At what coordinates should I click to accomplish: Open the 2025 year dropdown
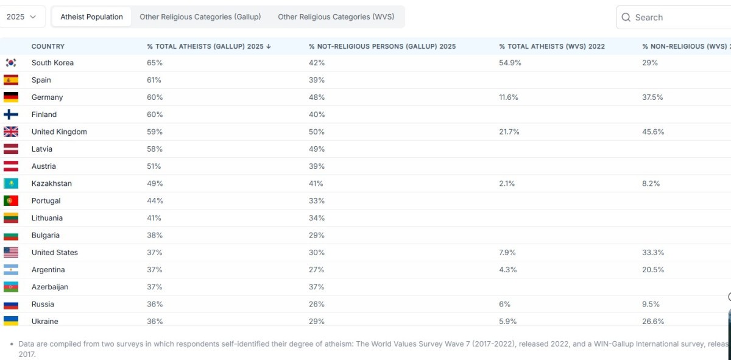point(21,16)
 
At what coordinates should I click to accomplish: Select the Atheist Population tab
point(91,16)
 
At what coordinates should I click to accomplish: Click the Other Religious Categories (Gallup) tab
point(200,16)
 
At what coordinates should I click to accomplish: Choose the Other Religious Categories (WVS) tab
point(336,16)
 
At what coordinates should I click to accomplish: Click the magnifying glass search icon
point(626,17)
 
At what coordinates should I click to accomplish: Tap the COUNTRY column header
point(48,46)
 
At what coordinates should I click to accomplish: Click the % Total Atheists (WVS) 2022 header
point(551,46)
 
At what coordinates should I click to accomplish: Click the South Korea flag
point(11,63)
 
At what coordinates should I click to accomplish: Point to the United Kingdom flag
point(11,132)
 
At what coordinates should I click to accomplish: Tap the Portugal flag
point(11,201)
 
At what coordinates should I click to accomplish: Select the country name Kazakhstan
point(52,183)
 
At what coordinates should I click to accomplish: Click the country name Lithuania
point(47,218)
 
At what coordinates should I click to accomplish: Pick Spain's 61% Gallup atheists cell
point(154,80)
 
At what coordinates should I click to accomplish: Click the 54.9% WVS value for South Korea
point(510,63)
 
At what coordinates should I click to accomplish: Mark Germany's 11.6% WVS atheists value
point(509,97)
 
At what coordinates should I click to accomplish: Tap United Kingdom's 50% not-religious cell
point(317,132)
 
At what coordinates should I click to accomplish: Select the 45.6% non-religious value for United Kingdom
point(653,132)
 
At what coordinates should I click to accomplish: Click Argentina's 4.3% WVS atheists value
point(508,270)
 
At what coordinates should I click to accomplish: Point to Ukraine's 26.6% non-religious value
point(653,322)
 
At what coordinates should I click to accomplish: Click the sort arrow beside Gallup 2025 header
point(269,46)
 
